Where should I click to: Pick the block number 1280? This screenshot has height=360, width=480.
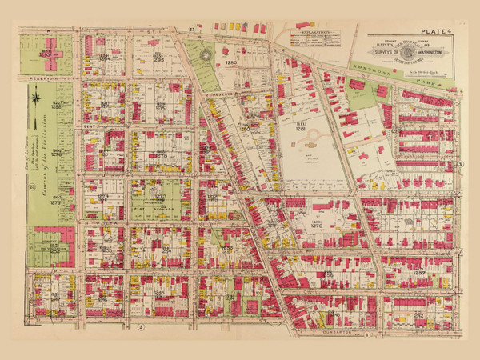232,62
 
